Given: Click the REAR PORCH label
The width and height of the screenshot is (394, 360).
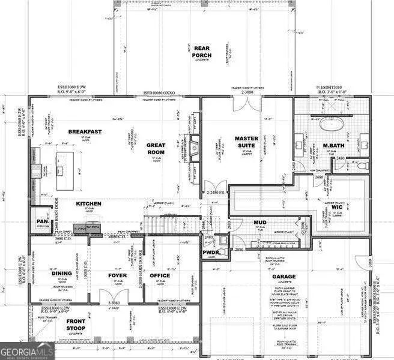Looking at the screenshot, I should click(202, 52).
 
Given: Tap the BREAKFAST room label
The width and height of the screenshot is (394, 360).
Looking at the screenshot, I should click(85, 131).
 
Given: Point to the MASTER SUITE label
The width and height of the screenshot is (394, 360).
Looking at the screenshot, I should click(246, 142).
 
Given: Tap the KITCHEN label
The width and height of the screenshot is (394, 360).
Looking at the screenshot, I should click(88, 204).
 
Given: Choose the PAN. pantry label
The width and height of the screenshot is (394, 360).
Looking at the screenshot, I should click(42, 221).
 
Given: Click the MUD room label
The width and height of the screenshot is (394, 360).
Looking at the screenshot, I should click(259, 223).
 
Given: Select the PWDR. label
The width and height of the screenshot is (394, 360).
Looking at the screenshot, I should click(210, 253).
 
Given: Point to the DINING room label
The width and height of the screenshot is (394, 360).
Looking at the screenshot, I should click(61, 274).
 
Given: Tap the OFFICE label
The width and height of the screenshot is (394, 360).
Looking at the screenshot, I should click(159, 275).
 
